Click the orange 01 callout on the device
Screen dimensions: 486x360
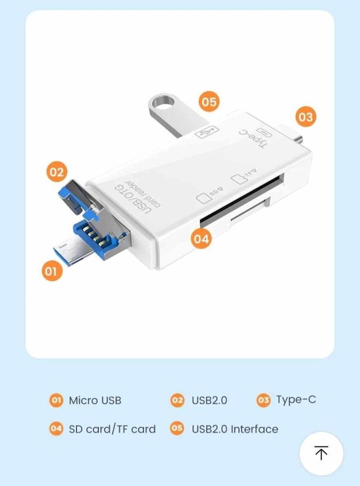pos(52,271)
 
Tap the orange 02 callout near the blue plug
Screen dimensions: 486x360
pos(57,172)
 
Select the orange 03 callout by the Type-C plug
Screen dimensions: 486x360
pos(305,117)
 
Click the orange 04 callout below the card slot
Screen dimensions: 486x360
pos(201,239)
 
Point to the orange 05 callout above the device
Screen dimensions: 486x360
pos(209,102)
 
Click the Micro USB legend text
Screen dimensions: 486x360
pos(95,400)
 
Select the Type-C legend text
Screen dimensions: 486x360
pos(296,400)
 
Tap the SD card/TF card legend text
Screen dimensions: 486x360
pos(112,429)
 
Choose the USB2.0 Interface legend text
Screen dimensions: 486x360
pos(235,429)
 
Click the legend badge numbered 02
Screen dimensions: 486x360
pos(177,400)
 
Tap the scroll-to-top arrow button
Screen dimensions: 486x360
pos(321,453)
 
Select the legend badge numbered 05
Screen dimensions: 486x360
pos(177,429)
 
